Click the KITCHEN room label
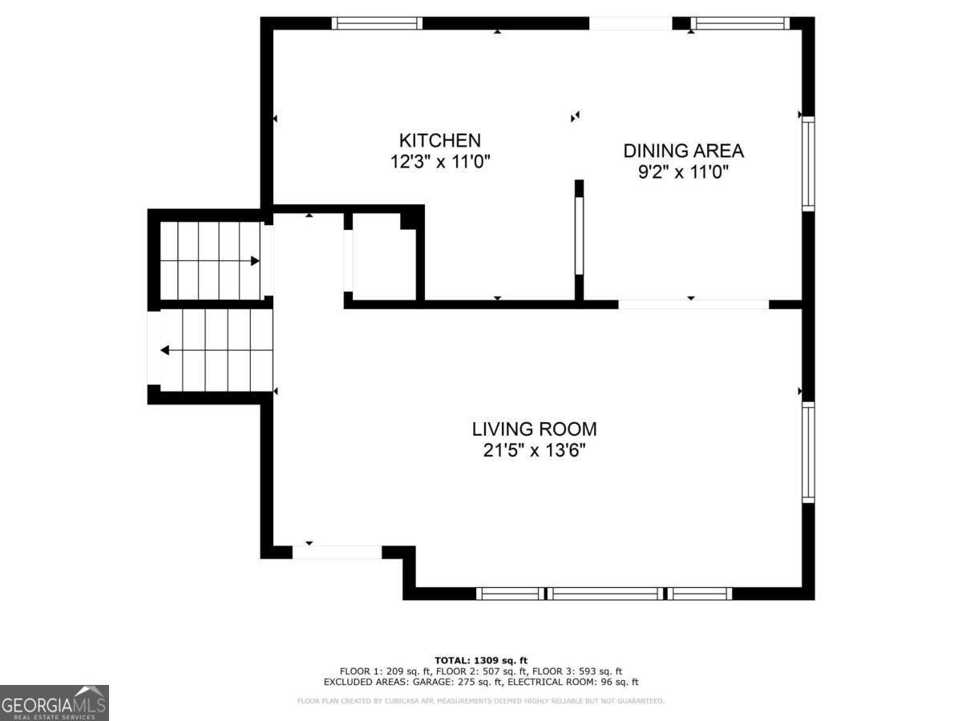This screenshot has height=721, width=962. [440, 140]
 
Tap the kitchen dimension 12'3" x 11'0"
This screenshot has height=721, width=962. [440, 162]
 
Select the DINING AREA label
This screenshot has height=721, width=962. [683, 151]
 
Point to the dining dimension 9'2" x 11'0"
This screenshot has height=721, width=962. [683, 171]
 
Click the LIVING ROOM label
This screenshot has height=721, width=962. [534, 429]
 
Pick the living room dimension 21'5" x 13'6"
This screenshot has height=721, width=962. [534, 450]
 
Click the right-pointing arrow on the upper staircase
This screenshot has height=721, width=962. [254, 260]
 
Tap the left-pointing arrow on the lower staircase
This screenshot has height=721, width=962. [165, 350]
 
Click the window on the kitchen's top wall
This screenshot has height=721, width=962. [378, 23]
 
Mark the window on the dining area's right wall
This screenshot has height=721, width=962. [808, 164]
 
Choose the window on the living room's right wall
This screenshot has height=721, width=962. [808, 452]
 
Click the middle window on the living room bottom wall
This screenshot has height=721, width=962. [605, 594]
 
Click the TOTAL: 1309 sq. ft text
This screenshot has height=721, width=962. [481, 660]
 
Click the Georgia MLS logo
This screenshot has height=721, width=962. [54, 703]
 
